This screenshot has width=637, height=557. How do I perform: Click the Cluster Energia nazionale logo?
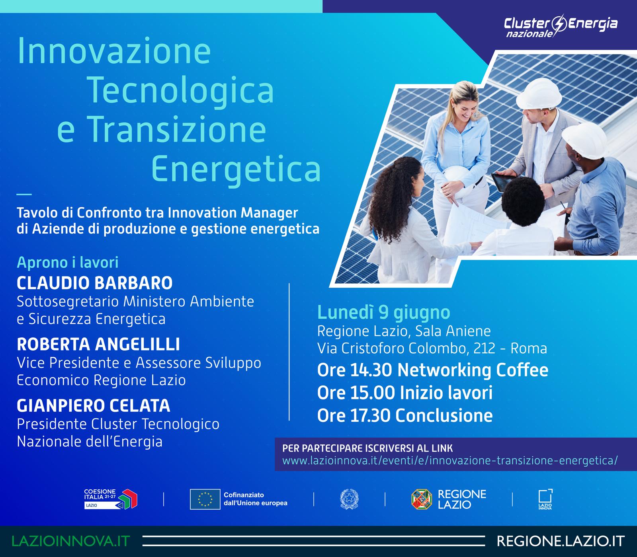pos(561,26)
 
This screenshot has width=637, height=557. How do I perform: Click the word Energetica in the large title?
pos(236,167)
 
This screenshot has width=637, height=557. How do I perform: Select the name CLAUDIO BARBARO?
pos(95,283)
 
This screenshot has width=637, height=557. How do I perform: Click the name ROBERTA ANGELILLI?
pos(98,345)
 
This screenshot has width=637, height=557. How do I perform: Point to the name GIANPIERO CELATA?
pos(94,406)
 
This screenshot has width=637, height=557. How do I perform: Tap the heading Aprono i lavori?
pos(68,263)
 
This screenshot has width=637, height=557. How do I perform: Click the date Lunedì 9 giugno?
pos(383,313)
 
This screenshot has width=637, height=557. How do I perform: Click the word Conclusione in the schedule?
pos(444,416)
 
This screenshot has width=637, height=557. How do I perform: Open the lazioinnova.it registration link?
pos(450,461)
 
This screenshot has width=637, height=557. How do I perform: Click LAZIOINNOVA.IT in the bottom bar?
pos(71,541)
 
